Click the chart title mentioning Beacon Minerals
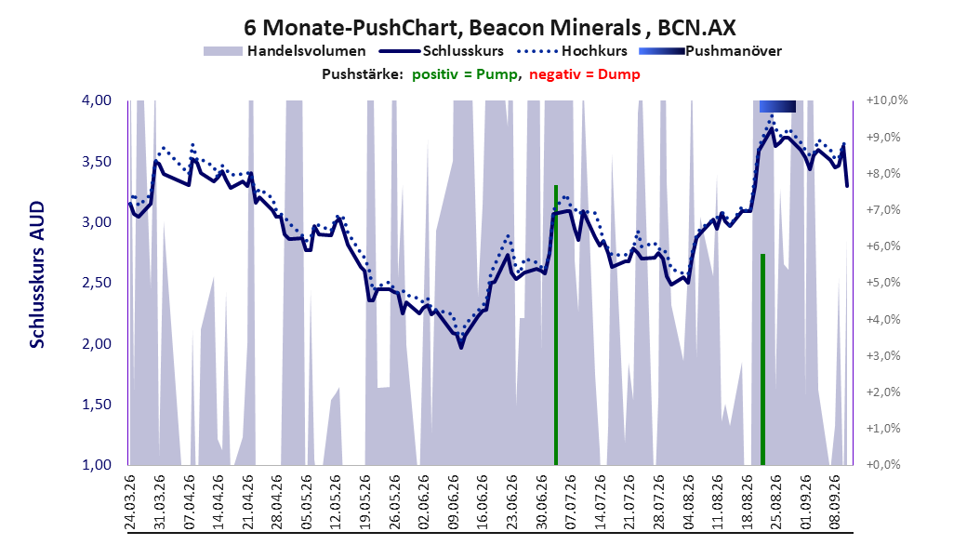tap(489, 28)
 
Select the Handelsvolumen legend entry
tap(285, 51)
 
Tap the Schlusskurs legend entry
tap(442, 51)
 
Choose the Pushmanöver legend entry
tap(710, 51)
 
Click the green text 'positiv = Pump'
tap(465, 74)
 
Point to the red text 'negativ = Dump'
tap(585, 74)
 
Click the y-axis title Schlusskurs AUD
tap(37, 274)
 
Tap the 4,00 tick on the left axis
tap(96, 100)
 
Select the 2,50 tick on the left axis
tap(96, 283)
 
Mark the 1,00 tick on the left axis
tap(96, 464)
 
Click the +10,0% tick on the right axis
tap(887, 100)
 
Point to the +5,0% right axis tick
tap(883, 283)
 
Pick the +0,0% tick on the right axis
tap(883, 464)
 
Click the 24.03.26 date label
tap(130, 502)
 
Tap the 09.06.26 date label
tap(454, 502)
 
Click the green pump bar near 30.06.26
tap(556, 325)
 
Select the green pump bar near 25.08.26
tap(762, 359)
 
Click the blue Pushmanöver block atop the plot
tap(777, 106)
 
